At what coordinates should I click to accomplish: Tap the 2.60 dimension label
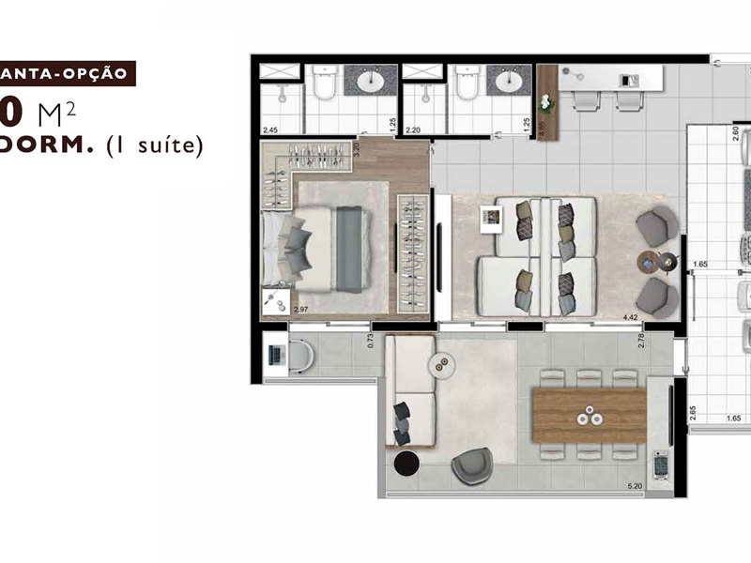click(735, 133)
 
